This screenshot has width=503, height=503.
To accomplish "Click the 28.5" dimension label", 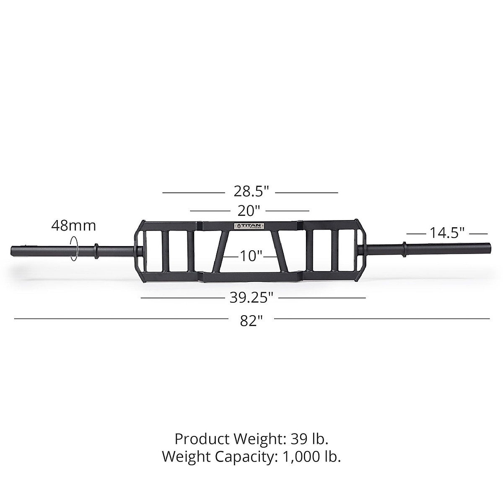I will [251, 192].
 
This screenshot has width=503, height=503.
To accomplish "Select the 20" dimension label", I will [249, 210].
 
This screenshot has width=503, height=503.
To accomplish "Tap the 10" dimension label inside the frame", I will [251, 255].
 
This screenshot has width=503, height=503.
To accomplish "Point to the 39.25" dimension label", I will [251, 298].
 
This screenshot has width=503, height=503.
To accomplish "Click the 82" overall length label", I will [251, 321].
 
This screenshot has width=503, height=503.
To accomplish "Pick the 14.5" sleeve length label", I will [447, 233].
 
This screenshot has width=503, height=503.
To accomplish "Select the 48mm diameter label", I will [73, 226].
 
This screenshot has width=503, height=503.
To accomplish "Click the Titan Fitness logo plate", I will [249, 226].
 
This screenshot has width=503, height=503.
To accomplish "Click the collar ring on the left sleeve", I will [96, 249].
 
